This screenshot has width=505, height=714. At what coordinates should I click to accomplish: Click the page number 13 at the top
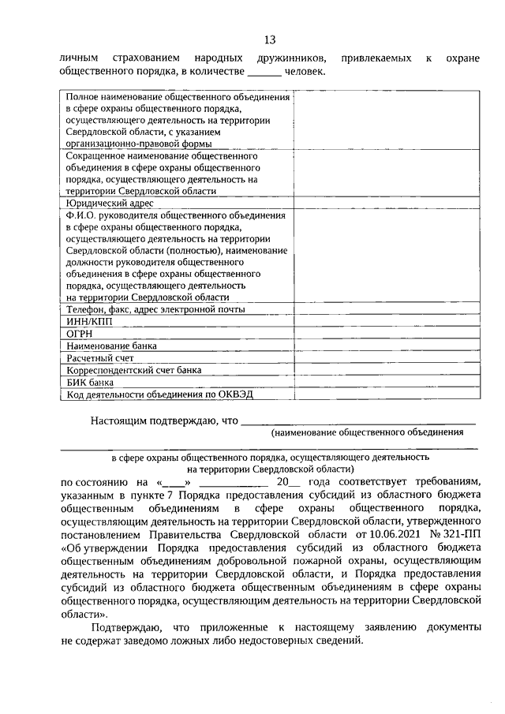click(270, 39)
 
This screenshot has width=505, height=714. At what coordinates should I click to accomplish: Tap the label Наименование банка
click(111, 346)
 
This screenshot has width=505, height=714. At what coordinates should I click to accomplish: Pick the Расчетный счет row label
click(100, 357)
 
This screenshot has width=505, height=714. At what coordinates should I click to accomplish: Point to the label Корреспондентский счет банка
click(133, 369)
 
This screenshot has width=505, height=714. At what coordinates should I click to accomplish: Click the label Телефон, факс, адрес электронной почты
click(155, 309)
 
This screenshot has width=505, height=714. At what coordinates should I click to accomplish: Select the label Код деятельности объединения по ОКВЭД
click(152, 394)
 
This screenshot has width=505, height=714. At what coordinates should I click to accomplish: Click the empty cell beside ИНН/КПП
click(385, 321)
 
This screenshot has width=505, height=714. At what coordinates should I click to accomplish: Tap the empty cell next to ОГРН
click(385, 333)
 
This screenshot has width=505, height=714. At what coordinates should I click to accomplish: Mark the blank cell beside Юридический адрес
click(385, 203)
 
